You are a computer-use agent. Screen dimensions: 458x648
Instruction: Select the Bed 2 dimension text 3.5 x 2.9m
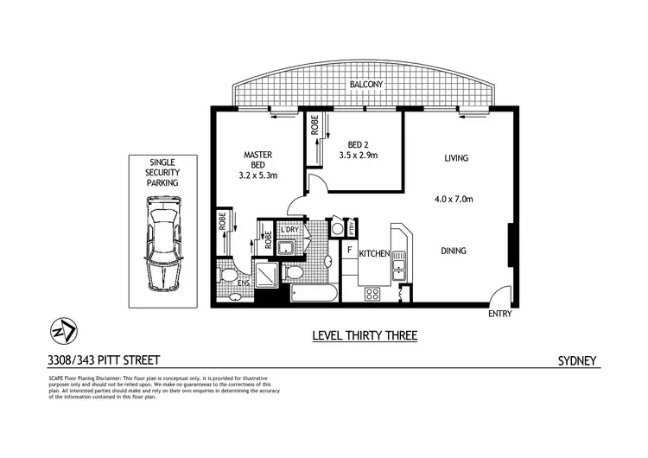click(x=357, y=156)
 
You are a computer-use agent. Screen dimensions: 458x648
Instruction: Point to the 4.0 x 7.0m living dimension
click(x=454, y=200)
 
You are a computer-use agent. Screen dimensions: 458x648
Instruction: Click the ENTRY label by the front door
click(x=499, y=314)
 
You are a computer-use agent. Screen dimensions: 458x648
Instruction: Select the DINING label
click(x=454, y=251)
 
